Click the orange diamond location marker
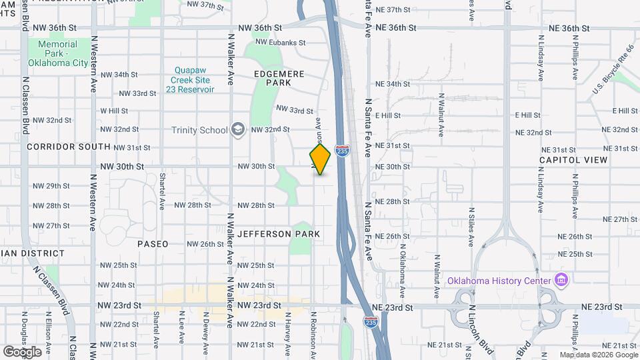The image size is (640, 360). (320, 160)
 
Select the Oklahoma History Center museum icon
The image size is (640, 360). (561, 280)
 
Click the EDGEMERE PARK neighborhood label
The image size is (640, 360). (279, 78)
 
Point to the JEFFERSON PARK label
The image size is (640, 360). (279, 234)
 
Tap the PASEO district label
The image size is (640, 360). (153, 244)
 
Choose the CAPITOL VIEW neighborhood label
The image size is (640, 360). (573, 160)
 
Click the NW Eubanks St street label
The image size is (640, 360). (280, 43)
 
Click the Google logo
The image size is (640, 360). (22, 351)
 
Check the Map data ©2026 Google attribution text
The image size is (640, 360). (598, 355)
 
